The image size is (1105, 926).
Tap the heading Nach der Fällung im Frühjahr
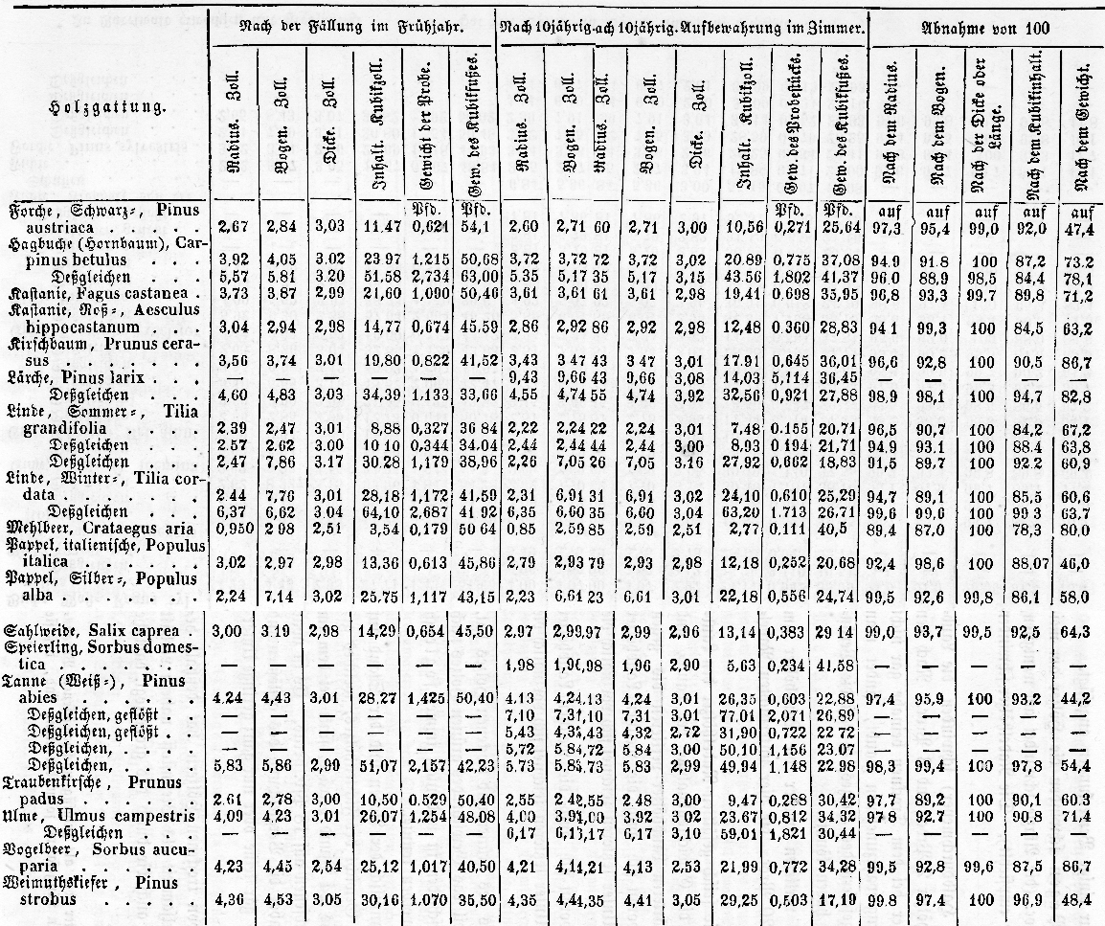(352, 29)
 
